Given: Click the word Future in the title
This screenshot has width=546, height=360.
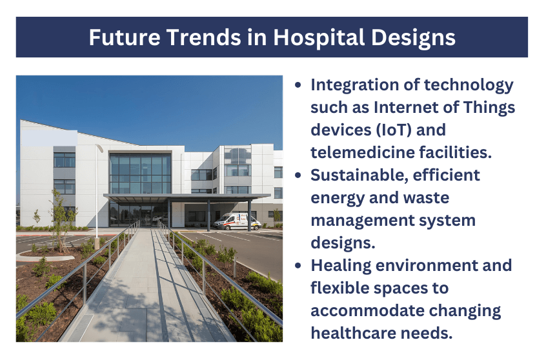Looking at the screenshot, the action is [125, 37].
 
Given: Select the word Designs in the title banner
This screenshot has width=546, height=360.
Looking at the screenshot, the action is [413, 38].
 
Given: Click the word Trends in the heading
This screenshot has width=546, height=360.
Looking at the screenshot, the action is [203, 37].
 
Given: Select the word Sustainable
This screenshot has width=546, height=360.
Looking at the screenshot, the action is [359, 175].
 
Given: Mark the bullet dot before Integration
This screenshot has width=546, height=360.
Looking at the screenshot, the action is [298, 85].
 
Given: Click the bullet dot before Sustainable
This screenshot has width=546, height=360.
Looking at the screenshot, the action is [298, 175].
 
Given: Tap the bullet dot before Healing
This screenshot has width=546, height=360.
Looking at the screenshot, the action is [298, 266].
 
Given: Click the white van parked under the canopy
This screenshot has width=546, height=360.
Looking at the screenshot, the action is [237, 221].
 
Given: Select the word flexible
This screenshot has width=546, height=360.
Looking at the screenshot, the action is [340, 288].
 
